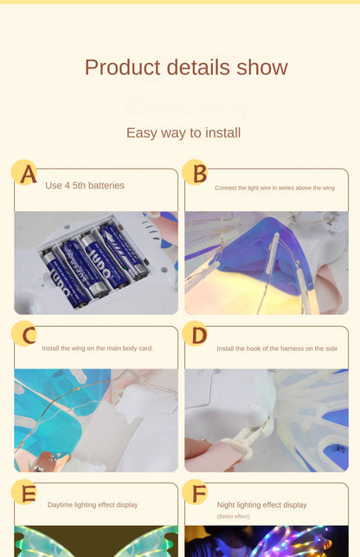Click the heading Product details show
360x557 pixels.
186,67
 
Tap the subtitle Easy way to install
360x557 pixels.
183,133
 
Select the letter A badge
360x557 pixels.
24,173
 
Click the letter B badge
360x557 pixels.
196,172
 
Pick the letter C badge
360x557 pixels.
24,334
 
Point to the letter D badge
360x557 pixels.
195,334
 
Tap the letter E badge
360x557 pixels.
24,492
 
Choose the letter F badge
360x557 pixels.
195,492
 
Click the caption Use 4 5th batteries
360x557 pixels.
85,185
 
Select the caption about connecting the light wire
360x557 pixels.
274,188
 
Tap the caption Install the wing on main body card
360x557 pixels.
98,348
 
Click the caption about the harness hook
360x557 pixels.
277,349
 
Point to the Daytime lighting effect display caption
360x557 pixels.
93,505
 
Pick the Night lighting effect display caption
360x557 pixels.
262,505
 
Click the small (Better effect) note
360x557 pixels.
233,516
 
